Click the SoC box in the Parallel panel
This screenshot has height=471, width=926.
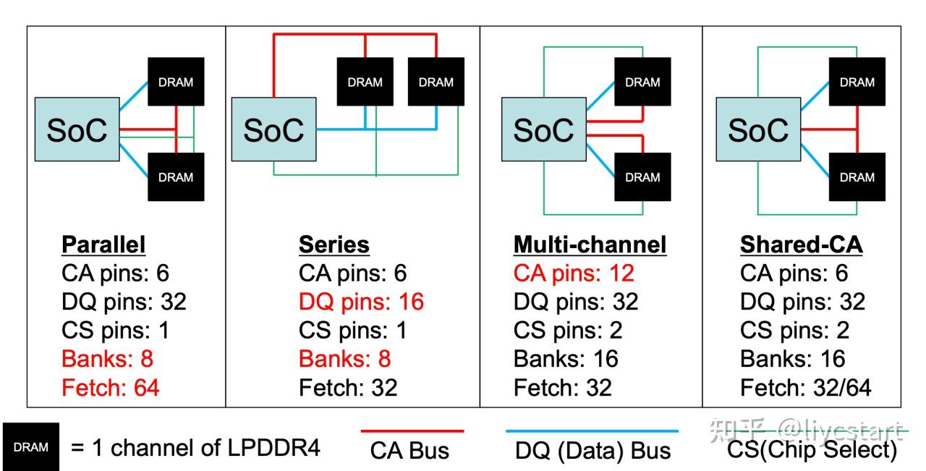click(77, 130)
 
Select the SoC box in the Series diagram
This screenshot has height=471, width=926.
click(273, 130)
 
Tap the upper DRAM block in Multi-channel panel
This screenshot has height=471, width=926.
click(642, 82)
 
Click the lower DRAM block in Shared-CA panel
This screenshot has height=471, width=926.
click(857, 177)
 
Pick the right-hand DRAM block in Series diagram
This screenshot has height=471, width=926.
click(436, 82)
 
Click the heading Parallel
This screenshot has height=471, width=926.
click(103, 245)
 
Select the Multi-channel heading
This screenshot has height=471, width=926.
click(590, 245)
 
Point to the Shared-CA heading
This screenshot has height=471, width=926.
click(801, 245)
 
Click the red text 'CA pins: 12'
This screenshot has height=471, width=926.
click(574, 273)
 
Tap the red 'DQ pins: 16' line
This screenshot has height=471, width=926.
click(361, 302)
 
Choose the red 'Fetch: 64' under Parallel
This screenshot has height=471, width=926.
click(111, 388)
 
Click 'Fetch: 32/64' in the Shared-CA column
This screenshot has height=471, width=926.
click(805, 388)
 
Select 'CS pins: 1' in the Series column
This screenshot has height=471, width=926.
click(353, 331)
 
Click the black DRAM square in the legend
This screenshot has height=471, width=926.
click(30, 447)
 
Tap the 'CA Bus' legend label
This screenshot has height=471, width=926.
click(409, 451)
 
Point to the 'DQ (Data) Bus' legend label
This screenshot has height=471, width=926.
click(592, 451)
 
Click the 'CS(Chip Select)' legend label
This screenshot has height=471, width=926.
click(812, 451)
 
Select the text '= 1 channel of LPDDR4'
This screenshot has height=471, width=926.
click(195, 448)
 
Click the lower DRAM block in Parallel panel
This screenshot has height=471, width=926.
click(176, 177)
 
